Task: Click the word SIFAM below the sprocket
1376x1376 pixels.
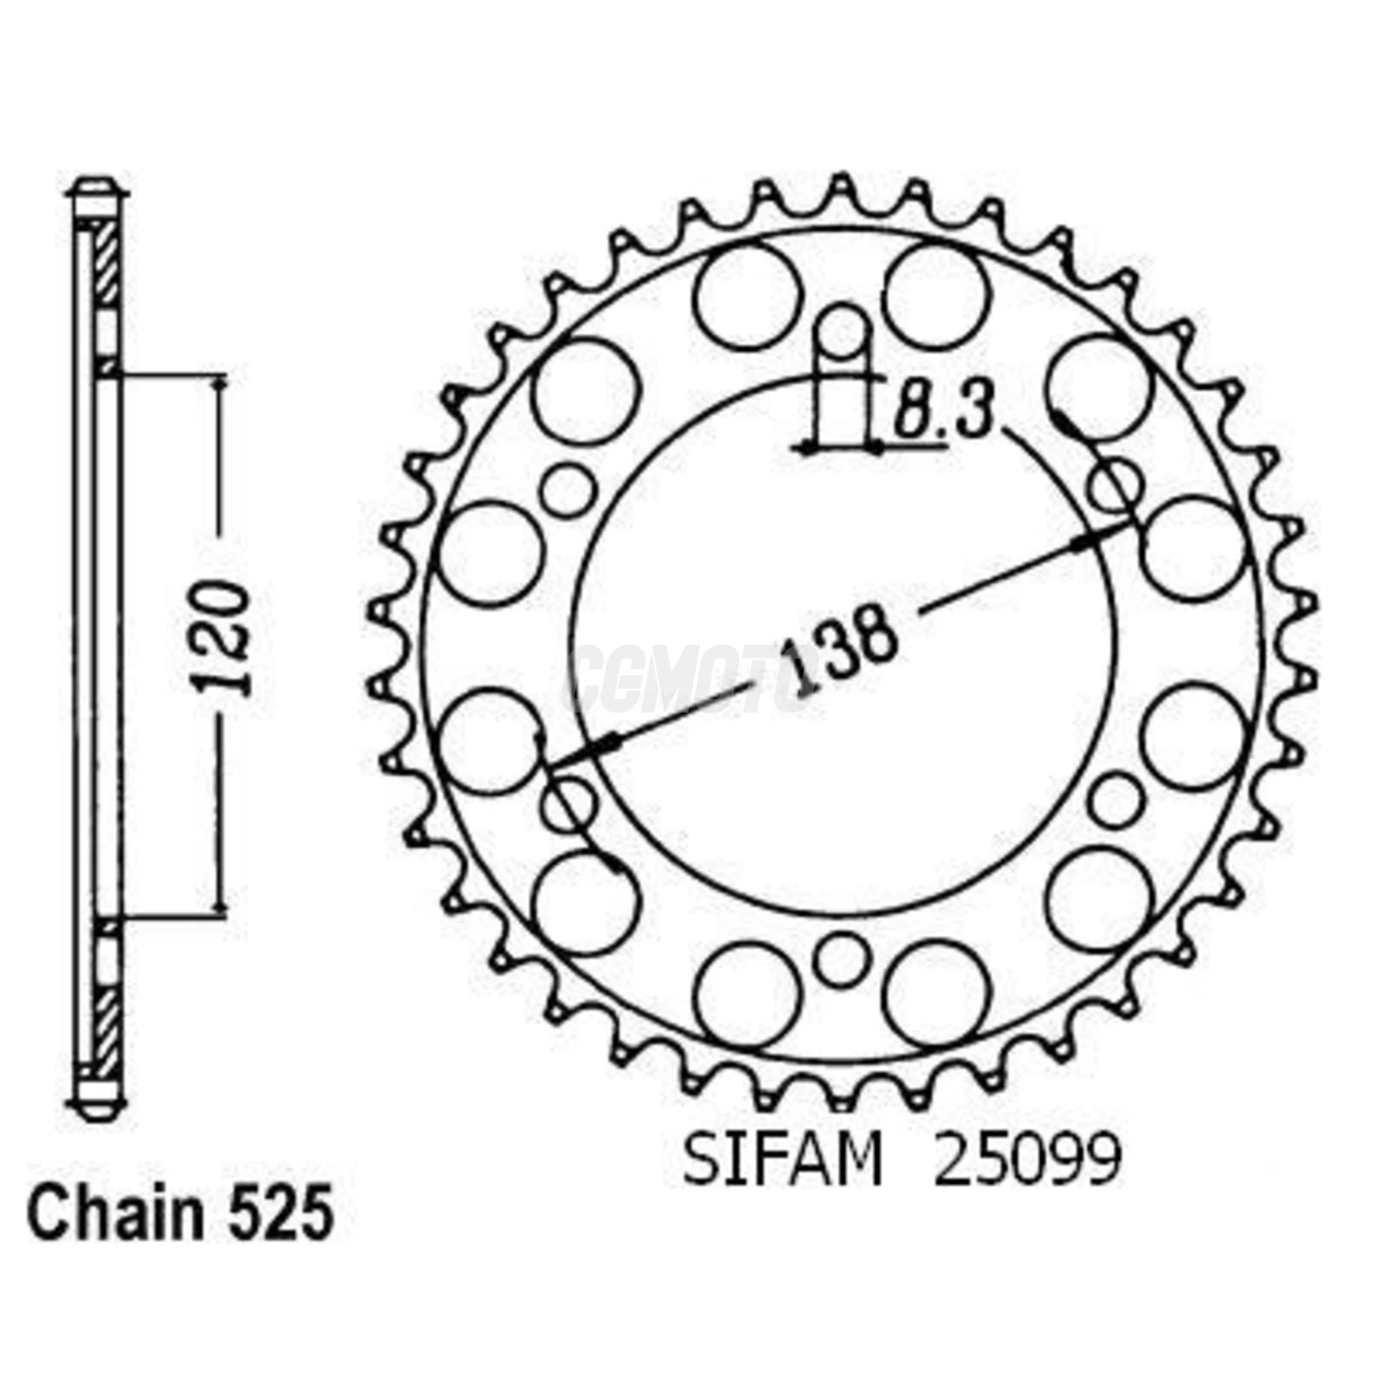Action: [782, 1163]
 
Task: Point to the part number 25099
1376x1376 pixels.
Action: [1026, 1163]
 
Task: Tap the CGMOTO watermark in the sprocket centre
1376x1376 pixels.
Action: [688, 678]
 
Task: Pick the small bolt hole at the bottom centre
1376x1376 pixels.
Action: [842, 958]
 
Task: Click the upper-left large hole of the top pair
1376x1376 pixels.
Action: [747, 297]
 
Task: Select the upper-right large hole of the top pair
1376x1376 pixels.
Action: [936, 297]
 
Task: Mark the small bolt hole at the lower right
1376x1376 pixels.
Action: [1117, 800]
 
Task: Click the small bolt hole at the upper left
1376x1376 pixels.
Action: [569, 488]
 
